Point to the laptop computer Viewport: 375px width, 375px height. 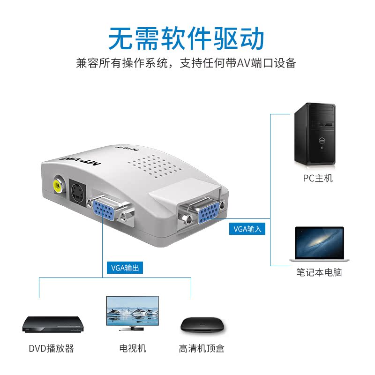click(x=319, y=244)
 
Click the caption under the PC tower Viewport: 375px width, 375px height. click(x=317, y=178)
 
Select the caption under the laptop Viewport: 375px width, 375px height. click(x=319, y=272)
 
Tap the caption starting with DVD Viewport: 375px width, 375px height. click(x=51, y=348)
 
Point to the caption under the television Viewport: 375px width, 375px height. click(x=132, y=348)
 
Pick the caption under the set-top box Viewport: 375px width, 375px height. click(x=202, y=348)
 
